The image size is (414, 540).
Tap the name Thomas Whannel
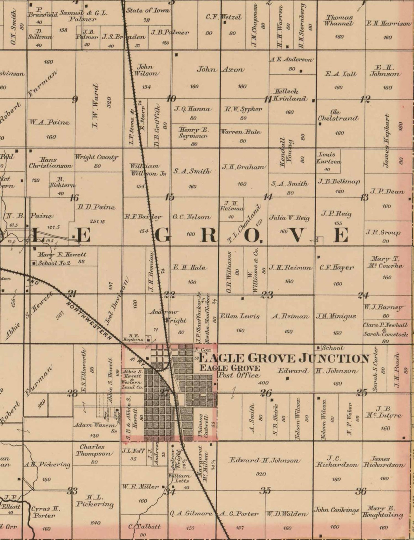(339, 20)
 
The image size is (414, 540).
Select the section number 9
(75, 99)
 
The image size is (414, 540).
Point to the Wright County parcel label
(96, 158)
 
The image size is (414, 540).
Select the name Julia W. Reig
(289, 218)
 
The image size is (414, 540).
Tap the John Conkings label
(336, 510)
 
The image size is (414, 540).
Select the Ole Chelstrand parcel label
(338, 115)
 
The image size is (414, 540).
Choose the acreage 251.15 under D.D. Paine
(97, 222)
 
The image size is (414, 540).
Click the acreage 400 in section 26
(263, 383)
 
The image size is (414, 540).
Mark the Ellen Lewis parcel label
(240, 316)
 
